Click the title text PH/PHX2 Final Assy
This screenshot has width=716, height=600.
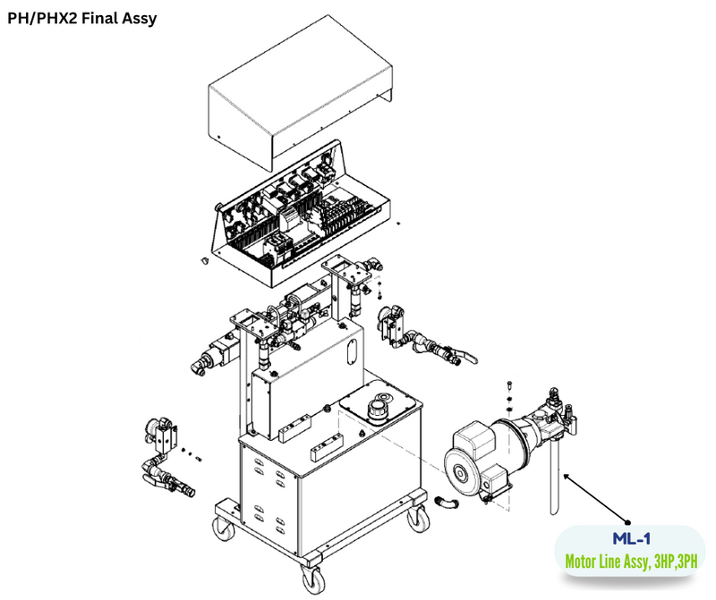coord(82,18)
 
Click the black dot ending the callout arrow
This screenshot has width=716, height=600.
coord(629,522)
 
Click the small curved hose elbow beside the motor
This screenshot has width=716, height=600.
coord(446,505)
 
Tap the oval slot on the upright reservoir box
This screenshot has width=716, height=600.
coord(351,343)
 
